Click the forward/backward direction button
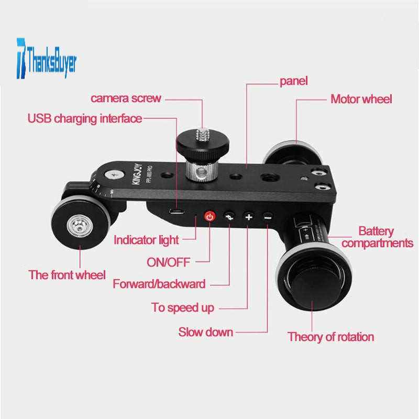(x=229, y=216)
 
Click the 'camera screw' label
(x=126, y=98)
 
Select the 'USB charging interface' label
(x=85, y=118)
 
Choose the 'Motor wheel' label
(x=361, y=98)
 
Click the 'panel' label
(x=293, y=81)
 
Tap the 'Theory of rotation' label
(x=331, y=337)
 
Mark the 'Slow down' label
(x=205, y=332)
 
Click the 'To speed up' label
(x=183, y=307)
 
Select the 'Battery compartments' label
(x=377, y=237)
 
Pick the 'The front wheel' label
(x=68, y=274)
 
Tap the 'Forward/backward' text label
(x=159, y=284)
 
